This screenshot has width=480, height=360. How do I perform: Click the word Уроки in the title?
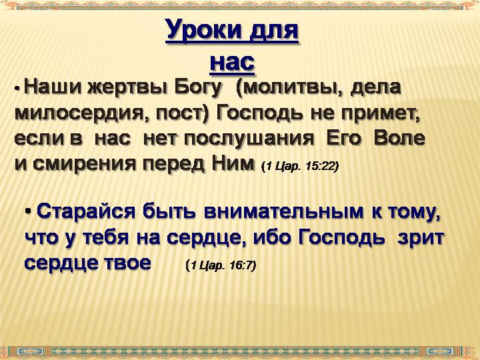coord(203,31)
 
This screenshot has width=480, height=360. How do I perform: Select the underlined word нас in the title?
coord(233,62)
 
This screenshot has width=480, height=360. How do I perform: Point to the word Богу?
coord(198,88)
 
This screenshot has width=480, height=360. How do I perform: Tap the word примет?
coord(381,113)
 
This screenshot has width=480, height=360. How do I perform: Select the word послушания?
coord(249,139)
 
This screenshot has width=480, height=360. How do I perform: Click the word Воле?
coord(399,138)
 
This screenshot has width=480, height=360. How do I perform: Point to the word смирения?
coord(84,164)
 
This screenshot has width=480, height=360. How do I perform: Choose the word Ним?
coord(233,163)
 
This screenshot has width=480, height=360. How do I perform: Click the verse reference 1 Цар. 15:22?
coord(300,167)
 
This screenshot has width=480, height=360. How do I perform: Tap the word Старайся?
coord(86,211)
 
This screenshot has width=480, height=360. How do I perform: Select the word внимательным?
coord(284,211)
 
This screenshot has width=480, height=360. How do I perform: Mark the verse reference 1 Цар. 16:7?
coord(221,265)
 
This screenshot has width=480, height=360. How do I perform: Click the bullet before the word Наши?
coord(17,88)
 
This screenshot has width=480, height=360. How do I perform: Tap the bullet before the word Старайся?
coord(29,211)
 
